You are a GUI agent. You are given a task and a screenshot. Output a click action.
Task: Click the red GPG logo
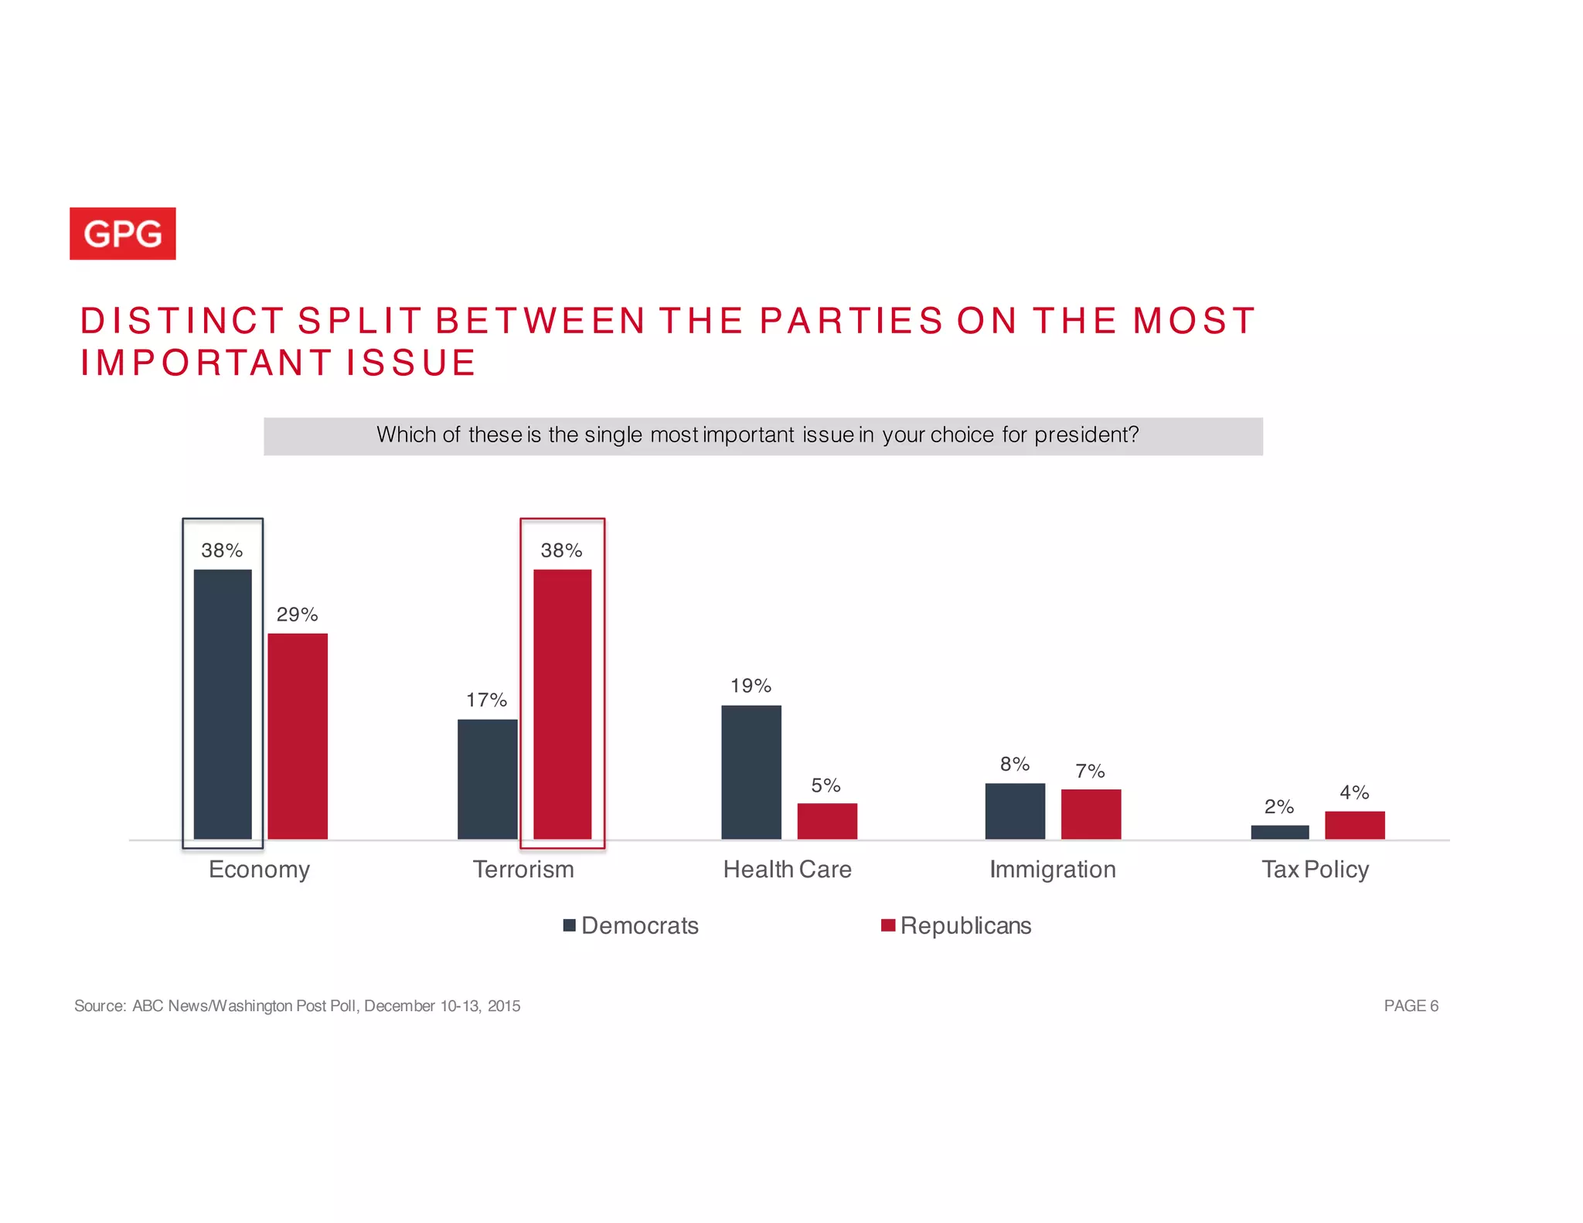click(x=122, y=233)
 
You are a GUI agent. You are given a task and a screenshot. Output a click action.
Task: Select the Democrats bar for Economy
click(x=223, y=703)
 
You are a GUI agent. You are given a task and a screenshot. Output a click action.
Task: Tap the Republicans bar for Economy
click(x=298, y=735)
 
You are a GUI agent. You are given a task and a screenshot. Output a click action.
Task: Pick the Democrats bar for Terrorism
click(x=487, y=778)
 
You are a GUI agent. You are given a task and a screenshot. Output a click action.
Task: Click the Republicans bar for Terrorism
click(x=562, y=703)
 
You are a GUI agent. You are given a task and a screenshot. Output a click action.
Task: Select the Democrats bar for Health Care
click(x=751, y=772)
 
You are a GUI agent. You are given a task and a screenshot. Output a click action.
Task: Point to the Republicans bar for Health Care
click(x=826, y=821)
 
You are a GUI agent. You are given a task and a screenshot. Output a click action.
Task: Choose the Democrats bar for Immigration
click(x=1014, y=811)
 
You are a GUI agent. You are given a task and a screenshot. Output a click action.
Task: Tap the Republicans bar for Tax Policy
click(x=1354, y=825)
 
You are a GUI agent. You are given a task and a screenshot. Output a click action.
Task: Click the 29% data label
click(x=298, y=615)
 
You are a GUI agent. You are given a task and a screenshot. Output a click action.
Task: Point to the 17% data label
click(x=486, y=700)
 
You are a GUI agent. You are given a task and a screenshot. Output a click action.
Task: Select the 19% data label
click(x=751, y=686)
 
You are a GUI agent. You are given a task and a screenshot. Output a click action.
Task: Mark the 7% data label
click(x=1090, y=771)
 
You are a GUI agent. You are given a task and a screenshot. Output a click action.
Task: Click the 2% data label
click(x=1278, y=806)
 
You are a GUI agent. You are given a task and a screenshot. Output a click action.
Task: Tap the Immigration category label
click(x=1052, y=870)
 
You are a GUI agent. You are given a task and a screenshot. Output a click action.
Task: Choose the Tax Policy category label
click(x=1315, y=870)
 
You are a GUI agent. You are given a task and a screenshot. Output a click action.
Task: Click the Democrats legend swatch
click(x=570, y=925)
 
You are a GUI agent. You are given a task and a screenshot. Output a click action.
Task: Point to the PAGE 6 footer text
click(x=1411, y=1006)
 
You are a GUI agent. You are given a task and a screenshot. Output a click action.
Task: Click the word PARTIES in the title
click(x=851, y=321)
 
